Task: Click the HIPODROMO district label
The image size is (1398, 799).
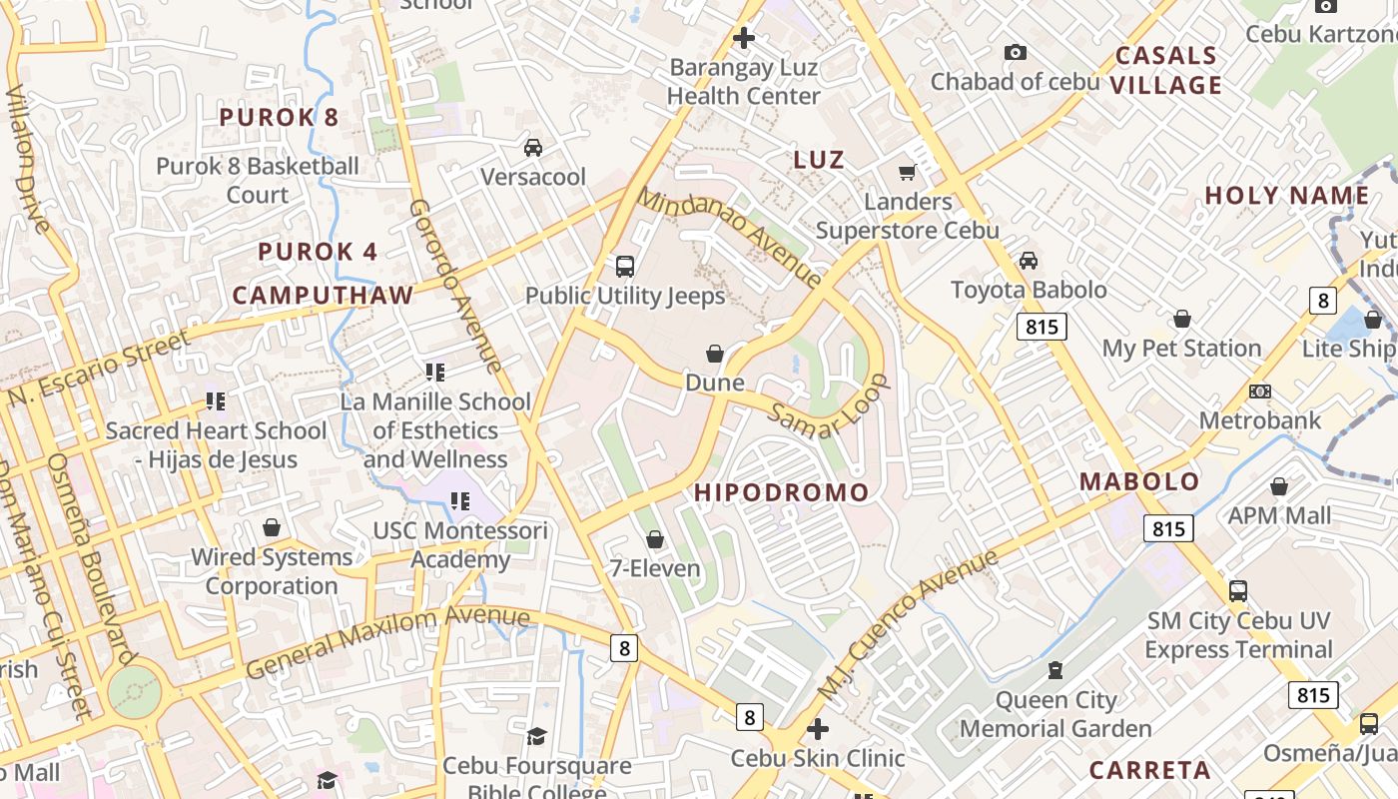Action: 782,492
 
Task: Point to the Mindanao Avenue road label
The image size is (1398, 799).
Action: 729,236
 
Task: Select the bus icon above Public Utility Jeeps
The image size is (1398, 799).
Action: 625,267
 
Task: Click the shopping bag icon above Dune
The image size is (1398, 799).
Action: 715,354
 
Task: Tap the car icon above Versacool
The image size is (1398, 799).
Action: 533,148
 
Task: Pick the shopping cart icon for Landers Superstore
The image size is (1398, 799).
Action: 908,173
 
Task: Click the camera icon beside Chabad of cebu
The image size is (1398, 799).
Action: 1016,53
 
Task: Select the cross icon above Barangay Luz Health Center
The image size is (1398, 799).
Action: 744,39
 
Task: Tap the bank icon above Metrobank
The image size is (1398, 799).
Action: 1260,392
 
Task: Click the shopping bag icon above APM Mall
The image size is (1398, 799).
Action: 1279,487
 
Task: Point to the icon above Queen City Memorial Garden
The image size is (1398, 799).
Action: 1055,670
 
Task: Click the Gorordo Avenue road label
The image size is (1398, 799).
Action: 454,285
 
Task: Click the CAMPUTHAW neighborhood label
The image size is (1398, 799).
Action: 323,296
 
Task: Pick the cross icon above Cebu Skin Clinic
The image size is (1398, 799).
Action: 818,729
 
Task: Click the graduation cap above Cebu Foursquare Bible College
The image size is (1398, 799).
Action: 537,737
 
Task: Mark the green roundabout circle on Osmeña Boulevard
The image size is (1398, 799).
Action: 134,691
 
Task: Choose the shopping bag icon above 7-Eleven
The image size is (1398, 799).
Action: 655,540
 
